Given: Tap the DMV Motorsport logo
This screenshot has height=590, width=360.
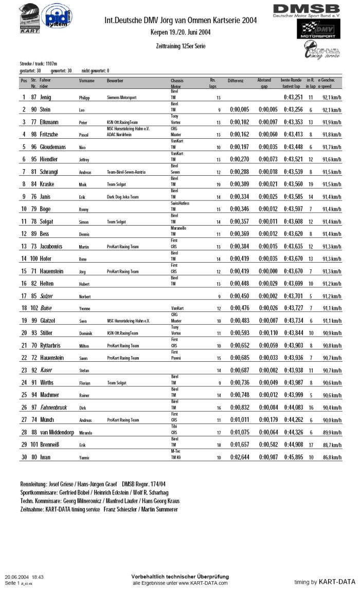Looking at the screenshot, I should pyautogui.click(x=316, y=31).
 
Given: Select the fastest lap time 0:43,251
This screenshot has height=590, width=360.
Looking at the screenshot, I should pyautogui.click(x=293, y=97).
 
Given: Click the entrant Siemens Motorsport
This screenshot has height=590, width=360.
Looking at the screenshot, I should pyautogui.click(x=121, y=98).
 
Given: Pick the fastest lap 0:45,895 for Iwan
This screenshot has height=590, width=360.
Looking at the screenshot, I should pyautogui.click(x=293, y=456).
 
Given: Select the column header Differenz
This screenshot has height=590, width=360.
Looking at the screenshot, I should pyautogui.click(x=236, y=81).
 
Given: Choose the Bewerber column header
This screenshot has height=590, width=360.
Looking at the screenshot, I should pyautogui.click(x=115, y=81).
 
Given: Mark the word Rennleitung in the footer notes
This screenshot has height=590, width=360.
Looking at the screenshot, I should pyautogui.click(x=33, y=484).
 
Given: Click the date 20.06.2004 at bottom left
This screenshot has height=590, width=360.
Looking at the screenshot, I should pyautogui.click(x=17, y=577).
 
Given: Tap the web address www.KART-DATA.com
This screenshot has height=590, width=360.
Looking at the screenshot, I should pyautogui.click(x=202, y=583).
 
